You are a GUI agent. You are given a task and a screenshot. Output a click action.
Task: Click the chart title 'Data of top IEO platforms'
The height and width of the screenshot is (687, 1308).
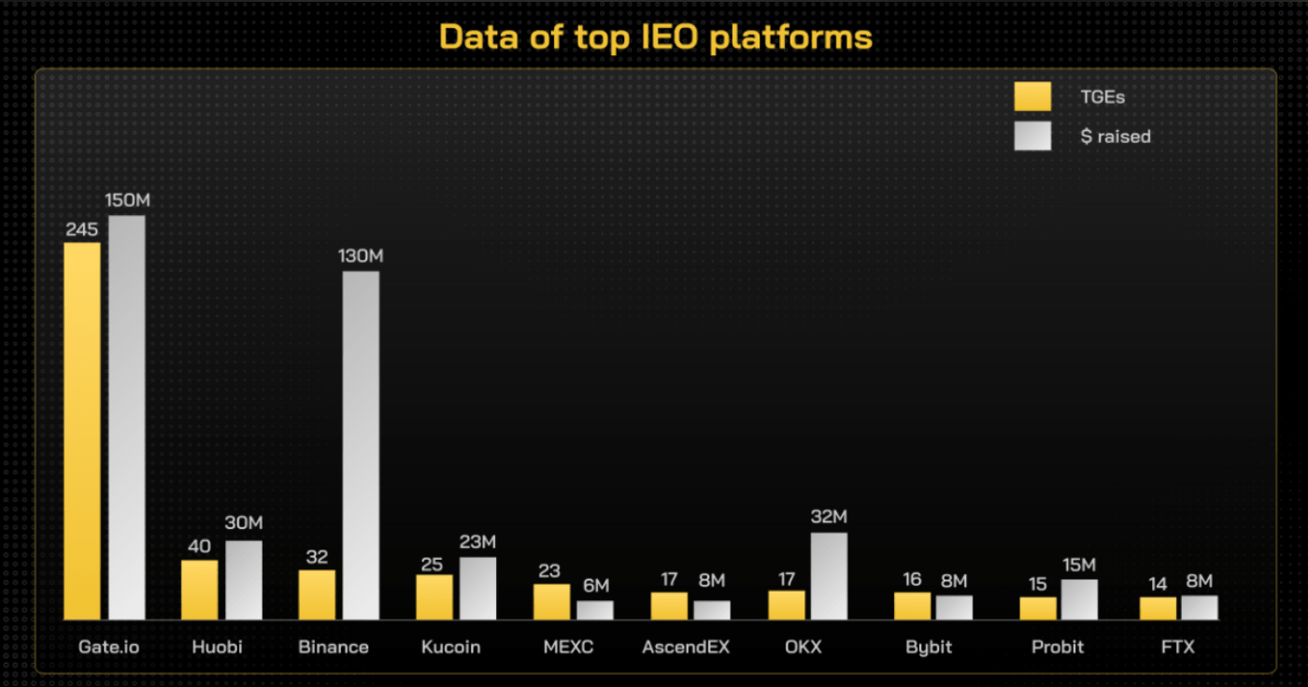655,36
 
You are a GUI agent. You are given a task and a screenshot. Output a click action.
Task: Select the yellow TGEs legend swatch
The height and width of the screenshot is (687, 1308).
1032,96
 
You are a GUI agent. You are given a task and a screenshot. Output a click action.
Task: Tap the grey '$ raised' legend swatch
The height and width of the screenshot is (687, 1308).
1032,136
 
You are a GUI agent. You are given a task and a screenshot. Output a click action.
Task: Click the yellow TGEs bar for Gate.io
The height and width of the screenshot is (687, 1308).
82,430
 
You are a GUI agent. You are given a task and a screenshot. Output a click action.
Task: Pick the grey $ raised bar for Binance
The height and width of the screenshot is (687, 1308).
361,445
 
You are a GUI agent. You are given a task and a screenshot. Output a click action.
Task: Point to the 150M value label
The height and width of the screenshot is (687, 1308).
128,201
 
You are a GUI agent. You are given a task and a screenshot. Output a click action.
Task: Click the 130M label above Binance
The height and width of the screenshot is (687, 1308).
362,256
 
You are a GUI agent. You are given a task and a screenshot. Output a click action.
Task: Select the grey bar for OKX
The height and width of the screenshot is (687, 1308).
829,576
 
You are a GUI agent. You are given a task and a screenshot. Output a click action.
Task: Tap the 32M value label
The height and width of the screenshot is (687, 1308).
829,517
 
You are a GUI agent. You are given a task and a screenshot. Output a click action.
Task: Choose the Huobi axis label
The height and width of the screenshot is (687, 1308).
217,647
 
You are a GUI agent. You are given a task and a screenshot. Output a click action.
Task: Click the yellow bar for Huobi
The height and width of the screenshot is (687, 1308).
199,589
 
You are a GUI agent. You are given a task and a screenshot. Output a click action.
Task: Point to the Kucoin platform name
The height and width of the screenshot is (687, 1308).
450,647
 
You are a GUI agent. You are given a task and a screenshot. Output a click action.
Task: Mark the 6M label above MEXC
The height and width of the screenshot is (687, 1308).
595,586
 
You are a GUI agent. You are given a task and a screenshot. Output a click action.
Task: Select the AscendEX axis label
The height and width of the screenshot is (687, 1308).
686,647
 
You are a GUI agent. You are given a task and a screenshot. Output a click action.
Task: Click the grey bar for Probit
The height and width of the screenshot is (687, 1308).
1079,599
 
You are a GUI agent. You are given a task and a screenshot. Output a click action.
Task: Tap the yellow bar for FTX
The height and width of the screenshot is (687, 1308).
1158,608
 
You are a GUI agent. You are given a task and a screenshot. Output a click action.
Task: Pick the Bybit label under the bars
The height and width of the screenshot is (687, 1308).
929,647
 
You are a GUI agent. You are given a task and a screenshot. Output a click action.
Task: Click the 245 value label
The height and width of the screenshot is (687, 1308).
82,229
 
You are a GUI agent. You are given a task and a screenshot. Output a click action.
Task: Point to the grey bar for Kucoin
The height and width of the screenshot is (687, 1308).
477,588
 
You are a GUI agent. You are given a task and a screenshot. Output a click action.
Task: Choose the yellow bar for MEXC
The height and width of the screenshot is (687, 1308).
551,602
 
